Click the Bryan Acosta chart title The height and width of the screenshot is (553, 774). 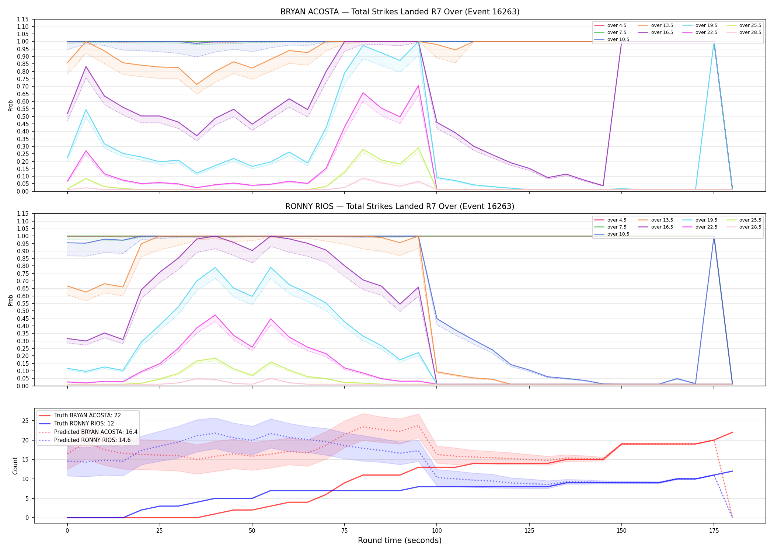point(400,12)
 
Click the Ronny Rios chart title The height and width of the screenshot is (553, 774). point(400,206)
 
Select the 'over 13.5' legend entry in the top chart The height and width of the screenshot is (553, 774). point(656,25)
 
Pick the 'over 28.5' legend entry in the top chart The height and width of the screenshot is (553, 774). point(744,32)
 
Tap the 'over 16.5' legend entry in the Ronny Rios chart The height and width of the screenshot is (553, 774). point(656,227)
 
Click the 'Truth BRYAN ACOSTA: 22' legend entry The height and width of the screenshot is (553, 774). point(80,415)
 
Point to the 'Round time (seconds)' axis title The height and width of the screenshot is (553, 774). point(400,540)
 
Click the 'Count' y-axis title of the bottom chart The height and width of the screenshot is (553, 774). point(15,466)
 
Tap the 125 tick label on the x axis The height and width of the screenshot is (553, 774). point(529,531)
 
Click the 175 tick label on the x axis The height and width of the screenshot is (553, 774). point(714,531)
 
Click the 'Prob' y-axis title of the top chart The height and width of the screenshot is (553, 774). point(11,106)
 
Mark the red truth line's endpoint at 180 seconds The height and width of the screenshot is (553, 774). point(732,432)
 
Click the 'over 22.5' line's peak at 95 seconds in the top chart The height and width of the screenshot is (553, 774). point(418,86)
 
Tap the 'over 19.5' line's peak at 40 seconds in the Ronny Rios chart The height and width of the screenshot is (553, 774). point(215,268)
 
